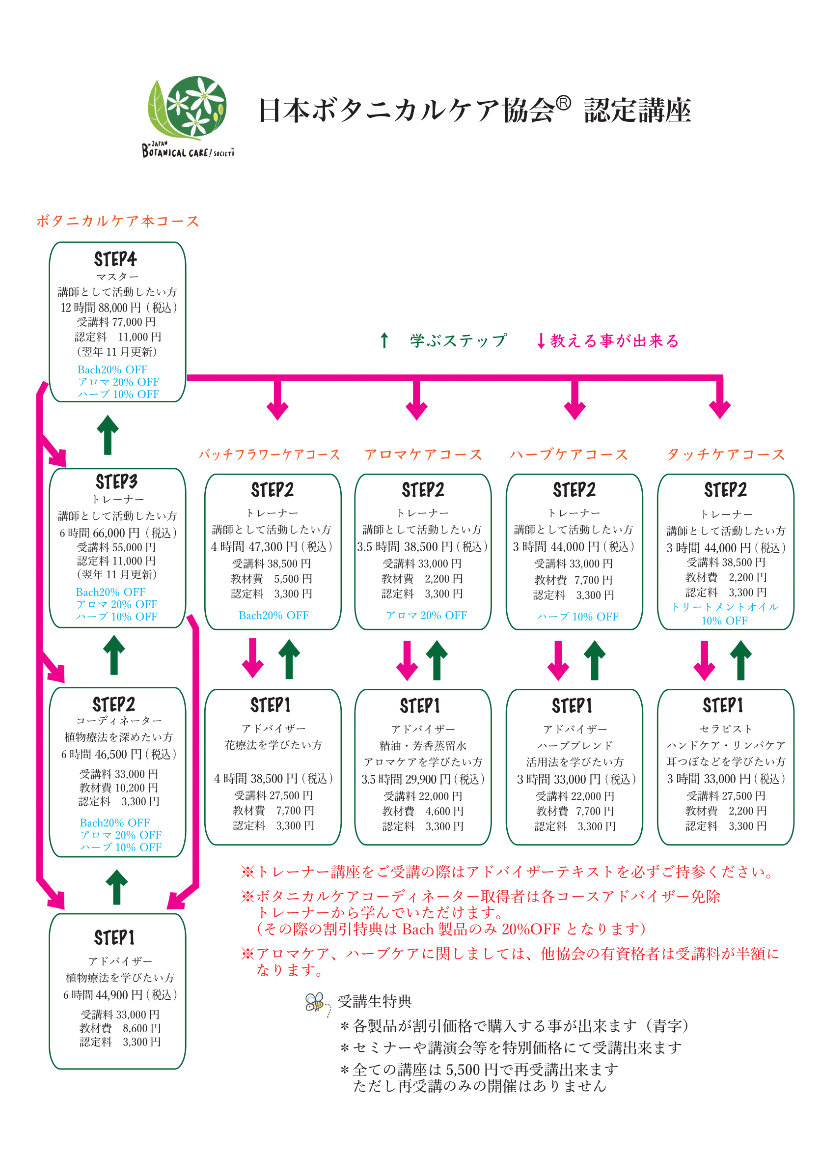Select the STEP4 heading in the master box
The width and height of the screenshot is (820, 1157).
(115, 259)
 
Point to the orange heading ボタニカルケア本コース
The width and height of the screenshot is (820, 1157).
(118, 221)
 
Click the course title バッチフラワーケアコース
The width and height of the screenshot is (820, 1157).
(269, 455)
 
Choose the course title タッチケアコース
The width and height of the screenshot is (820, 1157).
(726, 455)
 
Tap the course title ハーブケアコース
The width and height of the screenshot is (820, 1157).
(569, 455)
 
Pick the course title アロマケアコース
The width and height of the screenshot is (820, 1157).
(423, 455)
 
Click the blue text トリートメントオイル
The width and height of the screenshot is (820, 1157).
(725, 607)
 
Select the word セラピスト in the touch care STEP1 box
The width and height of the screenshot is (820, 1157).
(726, 729)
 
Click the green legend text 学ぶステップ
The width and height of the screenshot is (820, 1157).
(458, 340)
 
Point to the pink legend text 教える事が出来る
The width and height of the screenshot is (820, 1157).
(614, 340)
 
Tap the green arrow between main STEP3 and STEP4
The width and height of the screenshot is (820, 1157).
(108, 434)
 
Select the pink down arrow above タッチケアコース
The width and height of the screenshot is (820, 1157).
(719, 399)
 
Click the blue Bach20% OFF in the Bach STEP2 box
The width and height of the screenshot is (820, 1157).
(273, 616)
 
